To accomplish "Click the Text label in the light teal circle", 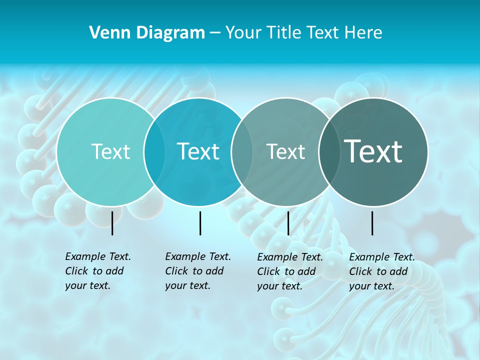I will pos(111,152).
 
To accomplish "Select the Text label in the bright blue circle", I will pos(198,152).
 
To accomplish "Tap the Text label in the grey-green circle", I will pos(285,152).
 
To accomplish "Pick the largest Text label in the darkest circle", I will pos(373,151).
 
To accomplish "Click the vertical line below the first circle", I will pos(112,223).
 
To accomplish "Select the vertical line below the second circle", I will pos(200,223).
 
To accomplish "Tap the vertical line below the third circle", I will pos(288,223).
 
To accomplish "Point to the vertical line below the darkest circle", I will pos(372,223).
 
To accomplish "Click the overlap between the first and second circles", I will pos(154,152).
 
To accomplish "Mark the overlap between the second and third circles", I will pos(242,152).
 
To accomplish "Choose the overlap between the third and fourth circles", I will pos(329,152).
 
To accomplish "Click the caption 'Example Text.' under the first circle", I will pos(98,256).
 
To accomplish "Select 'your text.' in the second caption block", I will pos(188,285).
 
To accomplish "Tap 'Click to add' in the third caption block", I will pos(286,271).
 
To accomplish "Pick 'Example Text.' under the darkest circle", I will pos(382,257).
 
